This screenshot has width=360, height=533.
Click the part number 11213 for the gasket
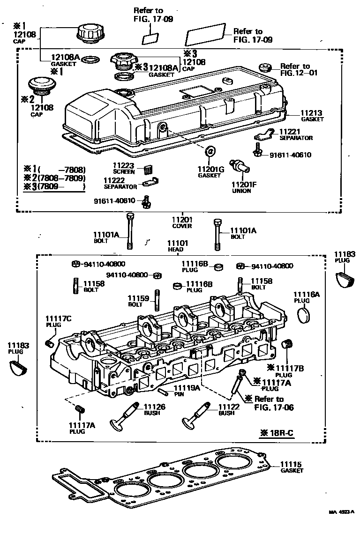[312, 113]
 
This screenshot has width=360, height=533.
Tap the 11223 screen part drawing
[149, 169]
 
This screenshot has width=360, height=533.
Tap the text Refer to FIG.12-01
[295, 69]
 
